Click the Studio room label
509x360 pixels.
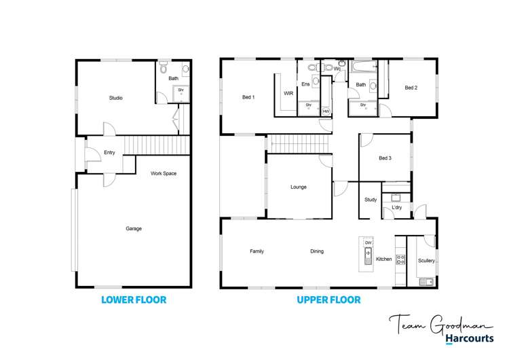pyautogui.click(x=116, y=98)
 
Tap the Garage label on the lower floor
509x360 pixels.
pyautogui.click(x=134, y=229)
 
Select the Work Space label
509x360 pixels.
pyautogui.click(x=164, y=174)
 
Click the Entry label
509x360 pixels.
pyautogui.click(x=109, y=153)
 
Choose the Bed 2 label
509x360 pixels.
pyautogui.click(x=411, y=88)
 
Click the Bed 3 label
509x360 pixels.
pyautogui.click(x=385, y=158)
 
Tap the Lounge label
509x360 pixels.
pyautogui.click(x=299, y=187)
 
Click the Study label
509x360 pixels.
pyautogui.click(x=370, y=200)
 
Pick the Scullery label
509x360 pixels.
pyautogui.click(x=426, y=261)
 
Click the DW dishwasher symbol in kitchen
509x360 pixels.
pyautogui.click(x=368, y=242)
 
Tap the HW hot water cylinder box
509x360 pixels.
pyautogui.click(x=326, y=111)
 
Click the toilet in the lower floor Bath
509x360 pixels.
pyautogui.click(x=163, y=69)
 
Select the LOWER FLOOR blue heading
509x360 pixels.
pyautogui.click(x=133, y=300)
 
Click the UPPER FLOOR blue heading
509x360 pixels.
pyautogui.click(x=329, y=300)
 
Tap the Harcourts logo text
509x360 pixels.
pyautogui.click(x=469, y=339)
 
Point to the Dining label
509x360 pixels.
pyautogui.click(x=317, y=252)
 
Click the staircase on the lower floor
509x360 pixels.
pyautogui.click(x=157, y=145)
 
